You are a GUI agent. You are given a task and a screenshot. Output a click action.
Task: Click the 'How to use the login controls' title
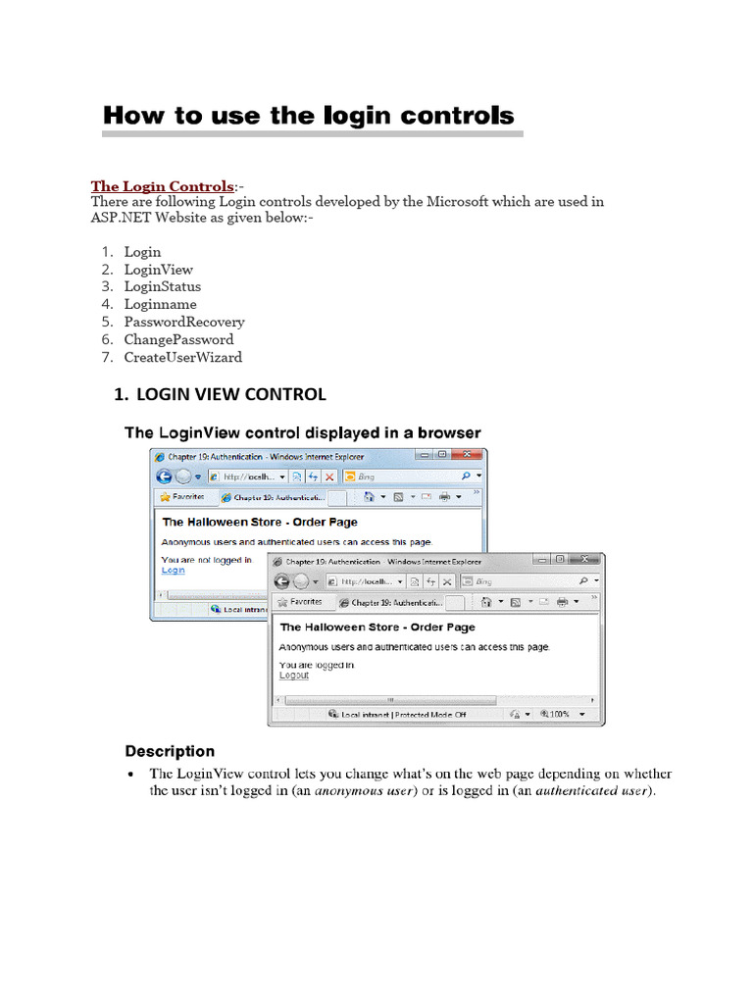(x=308, y=116)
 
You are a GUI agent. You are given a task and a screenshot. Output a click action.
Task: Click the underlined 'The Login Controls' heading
(x=162, y=186)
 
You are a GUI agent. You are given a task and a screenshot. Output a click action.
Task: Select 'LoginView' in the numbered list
(x=158, y=270)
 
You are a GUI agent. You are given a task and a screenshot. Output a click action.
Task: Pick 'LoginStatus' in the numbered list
(x=162, y=287)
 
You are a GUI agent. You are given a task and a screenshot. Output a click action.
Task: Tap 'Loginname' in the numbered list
(x=160, y=305)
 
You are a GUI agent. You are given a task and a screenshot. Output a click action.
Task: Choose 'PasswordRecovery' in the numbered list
(x=183, y=323)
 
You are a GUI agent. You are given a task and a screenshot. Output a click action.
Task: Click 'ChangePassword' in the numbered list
(x=178, y=340)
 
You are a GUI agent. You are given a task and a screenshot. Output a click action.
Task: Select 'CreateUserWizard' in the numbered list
(x=182, y=358)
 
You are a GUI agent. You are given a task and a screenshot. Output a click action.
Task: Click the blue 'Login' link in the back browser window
(x=173, y=570)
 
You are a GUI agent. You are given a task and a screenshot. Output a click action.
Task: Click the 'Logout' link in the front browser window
(x=293, y=675)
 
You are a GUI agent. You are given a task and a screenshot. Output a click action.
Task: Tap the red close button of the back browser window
(x=471, y=455)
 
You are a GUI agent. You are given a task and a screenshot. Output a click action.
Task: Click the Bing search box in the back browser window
(x=402, y=477)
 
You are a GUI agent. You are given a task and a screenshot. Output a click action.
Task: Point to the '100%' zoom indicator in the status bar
(x=560, y=715)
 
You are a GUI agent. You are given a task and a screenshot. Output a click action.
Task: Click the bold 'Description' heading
(x=170, y=752)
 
